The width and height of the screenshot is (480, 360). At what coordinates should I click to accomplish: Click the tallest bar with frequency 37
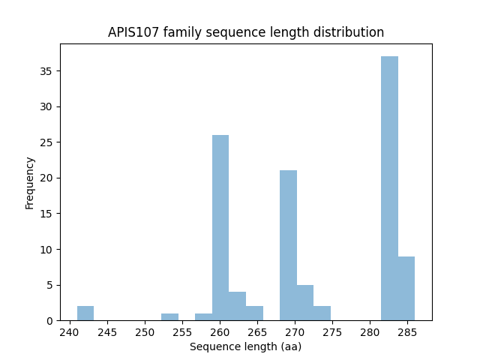(389, 188)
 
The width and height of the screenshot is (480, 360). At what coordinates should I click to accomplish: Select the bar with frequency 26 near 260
(220, 228)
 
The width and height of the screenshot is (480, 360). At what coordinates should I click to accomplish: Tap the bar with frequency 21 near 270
(288, 245)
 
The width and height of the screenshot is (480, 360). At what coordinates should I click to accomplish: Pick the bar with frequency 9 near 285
(406, 289)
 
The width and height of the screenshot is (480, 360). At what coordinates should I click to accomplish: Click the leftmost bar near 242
(85, 313)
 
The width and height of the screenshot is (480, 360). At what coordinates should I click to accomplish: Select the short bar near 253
(169, 316)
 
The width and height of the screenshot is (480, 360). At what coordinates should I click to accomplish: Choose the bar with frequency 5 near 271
(305, 303)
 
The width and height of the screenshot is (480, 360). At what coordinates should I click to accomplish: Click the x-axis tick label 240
(70, 332)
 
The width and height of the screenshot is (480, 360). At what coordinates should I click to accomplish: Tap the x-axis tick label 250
(145, 332)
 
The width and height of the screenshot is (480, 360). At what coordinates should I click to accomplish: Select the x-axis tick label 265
(257, 332)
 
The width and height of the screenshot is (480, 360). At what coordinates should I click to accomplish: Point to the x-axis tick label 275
(332, 332)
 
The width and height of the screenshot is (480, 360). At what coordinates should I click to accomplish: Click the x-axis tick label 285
(407, 332)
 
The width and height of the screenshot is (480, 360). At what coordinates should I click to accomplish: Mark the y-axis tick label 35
(46, 71)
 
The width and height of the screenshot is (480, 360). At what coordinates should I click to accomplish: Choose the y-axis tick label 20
(46, 178)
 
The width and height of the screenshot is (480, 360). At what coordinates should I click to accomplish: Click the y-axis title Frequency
(30, 182)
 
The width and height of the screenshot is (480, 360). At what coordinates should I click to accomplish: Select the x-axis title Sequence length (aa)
(245, 346)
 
